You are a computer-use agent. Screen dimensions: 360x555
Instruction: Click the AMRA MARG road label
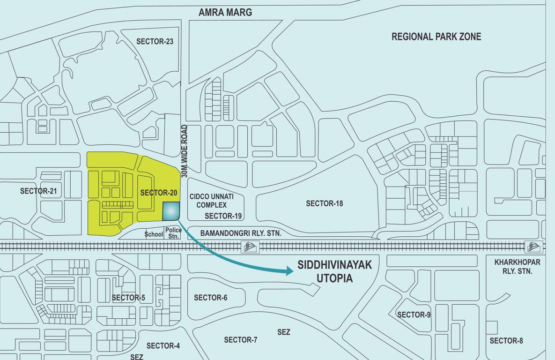pyautogui.click(x=225, y=13)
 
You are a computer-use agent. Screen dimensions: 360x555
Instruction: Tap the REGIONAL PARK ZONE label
pyautogui.click(x=436, y=37)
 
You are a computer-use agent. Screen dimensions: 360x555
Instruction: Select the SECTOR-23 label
pyautogui.click(x=155, y=42)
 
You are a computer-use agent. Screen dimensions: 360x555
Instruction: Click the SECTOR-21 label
pyautogui.click(x=38, y=191)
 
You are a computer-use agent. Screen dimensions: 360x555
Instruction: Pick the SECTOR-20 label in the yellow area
pyautogui.click(x=158, y=193)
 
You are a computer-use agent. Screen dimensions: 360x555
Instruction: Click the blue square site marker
pyautogui.click(x=170, y=211)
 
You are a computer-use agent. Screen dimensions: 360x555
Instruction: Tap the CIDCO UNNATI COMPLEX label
pyautogui.click(x=211, y=201)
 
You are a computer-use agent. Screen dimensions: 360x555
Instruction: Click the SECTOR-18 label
pyautogui.click(x=324, y=203)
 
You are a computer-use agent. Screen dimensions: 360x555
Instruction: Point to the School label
pyautogui.click(x=154, y=234)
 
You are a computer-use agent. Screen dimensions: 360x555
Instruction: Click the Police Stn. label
pyautogui.click(x=172, y=233)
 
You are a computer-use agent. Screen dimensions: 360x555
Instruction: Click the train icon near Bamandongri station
pyautogui.click(x=250, y=247)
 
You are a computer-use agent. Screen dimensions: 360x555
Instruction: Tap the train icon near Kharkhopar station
pyautogui.click(x=534, y=247)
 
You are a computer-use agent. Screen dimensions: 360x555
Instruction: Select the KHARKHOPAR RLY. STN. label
pyautogui.click(x=517, y=267)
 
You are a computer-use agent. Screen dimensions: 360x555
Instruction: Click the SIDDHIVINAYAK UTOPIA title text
pyautogui.click(x=334, y=271)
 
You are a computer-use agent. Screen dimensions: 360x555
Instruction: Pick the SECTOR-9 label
pyautogui.click(x=414, y=315)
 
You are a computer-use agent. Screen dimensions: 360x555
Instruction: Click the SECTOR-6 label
pyautogui.click(x=210, y=298)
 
